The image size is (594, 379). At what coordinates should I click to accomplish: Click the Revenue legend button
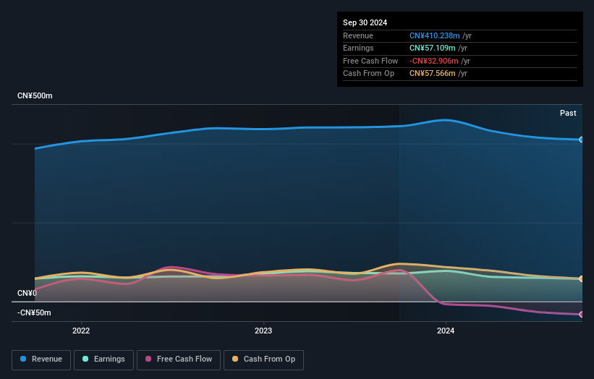pyautogui.click(x=41, y=359)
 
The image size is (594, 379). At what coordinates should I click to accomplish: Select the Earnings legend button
pyautogui.click(x=103, y=359)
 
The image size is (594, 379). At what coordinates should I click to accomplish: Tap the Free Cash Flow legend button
pyautogui.click(x=179, y=359)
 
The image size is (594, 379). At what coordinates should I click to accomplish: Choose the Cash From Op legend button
pyautogui.click(x=263, y=359)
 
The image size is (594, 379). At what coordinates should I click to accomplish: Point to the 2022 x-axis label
pyautogui.click(x=81, y=331)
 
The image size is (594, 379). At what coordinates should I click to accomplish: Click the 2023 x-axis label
pyautogui.click(x=263, y=331)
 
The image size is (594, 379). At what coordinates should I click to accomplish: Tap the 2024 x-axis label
pyautogui.click(x=446, y=331)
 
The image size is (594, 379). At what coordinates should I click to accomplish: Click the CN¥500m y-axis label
pyautogui.click(x=35, y=96)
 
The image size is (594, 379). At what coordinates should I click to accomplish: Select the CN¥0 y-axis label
pyautogui.click(x=27, y=293)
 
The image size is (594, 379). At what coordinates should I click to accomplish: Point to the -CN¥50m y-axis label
pyautogui.click(x=34, y=312)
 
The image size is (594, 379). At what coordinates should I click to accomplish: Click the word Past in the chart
pyautogui.click(x=568, y=114)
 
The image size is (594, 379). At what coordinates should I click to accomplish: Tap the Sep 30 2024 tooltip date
pyautogui.click(x=365, y=22)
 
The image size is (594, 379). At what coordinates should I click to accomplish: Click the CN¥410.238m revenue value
pyautogui.click(x=434, y=35)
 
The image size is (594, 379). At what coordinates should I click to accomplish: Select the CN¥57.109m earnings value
pyautogui.click(x=431, y=48)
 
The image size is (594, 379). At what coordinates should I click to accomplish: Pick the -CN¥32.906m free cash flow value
pyautogui.click(x=434, y=61)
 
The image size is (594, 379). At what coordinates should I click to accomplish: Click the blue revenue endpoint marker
pyautogui.click(x=582, y=140)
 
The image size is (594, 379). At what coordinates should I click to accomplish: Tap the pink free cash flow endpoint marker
pyautogui.click(x=582, y=315)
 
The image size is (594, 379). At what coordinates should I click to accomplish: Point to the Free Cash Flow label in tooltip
pyautogui.click(x=370, y=61)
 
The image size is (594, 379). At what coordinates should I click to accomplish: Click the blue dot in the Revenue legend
pyautogui.click(x=24, y=359)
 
